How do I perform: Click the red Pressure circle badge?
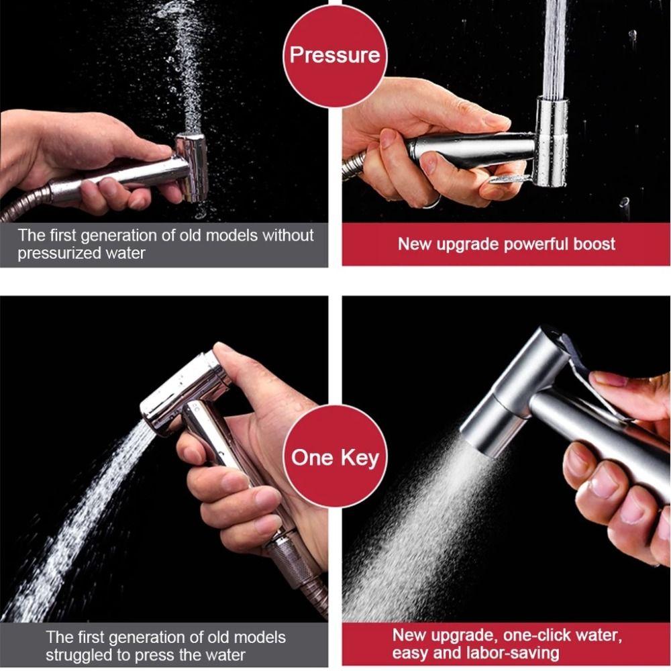335,54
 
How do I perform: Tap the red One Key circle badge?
335,458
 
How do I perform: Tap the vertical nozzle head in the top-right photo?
551,141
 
